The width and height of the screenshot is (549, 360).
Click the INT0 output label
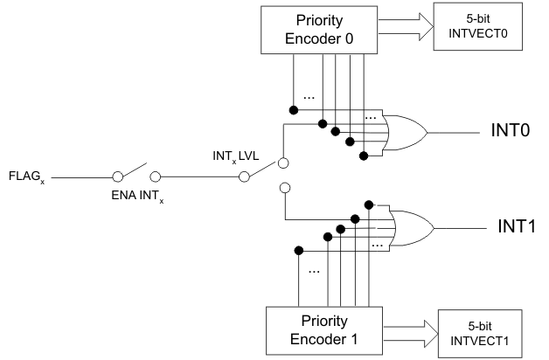pos(508,133)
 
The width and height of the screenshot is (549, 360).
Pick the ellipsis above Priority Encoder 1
pos(310,271)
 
